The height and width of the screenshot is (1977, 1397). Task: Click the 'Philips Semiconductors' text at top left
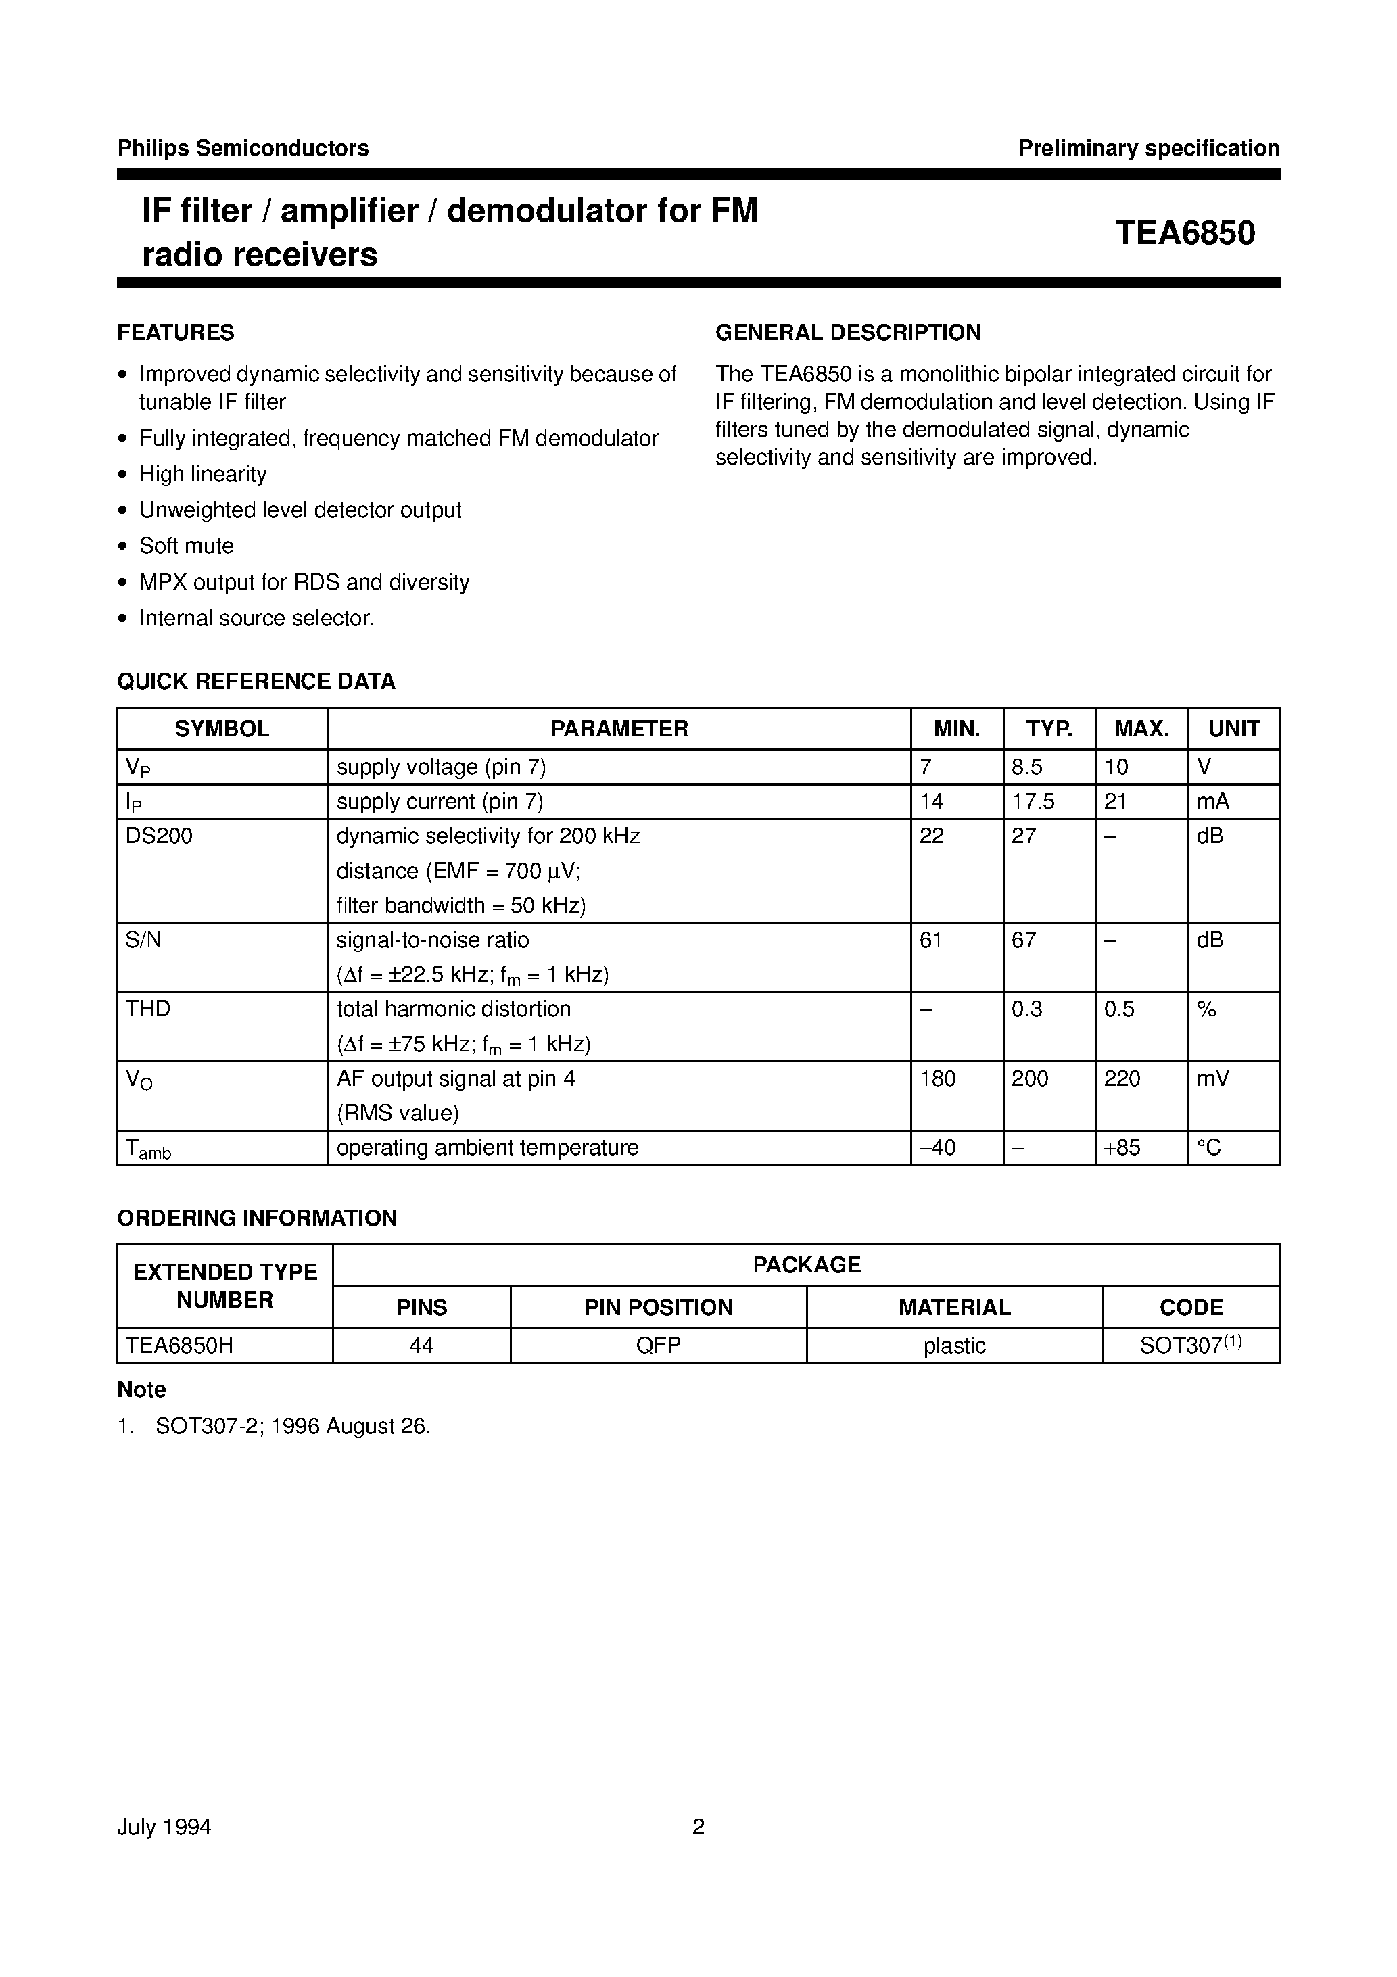tap(243, 148)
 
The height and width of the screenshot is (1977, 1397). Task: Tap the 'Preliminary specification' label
tap(1148, 148)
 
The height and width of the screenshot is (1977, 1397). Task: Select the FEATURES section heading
tap(176, 333)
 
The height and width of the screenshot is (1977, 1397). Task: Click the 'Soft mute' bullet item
tap(186, 546)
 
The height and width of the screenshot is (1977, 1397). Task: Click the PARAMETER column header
tap(619, 728)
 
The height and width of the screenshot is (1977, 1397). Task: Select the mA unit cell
tap(1212, 802)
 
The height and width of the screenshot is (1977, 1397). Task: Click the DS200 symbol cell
tap(160, 836)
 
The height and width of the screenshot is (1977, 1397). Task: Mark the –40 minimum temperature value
tap(937, 1148)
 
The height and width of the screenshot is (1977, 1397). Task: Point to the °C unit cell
tap(1209, 1148)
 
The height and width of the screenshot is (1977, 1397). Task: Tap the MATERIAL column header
tap(953, 1307)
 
